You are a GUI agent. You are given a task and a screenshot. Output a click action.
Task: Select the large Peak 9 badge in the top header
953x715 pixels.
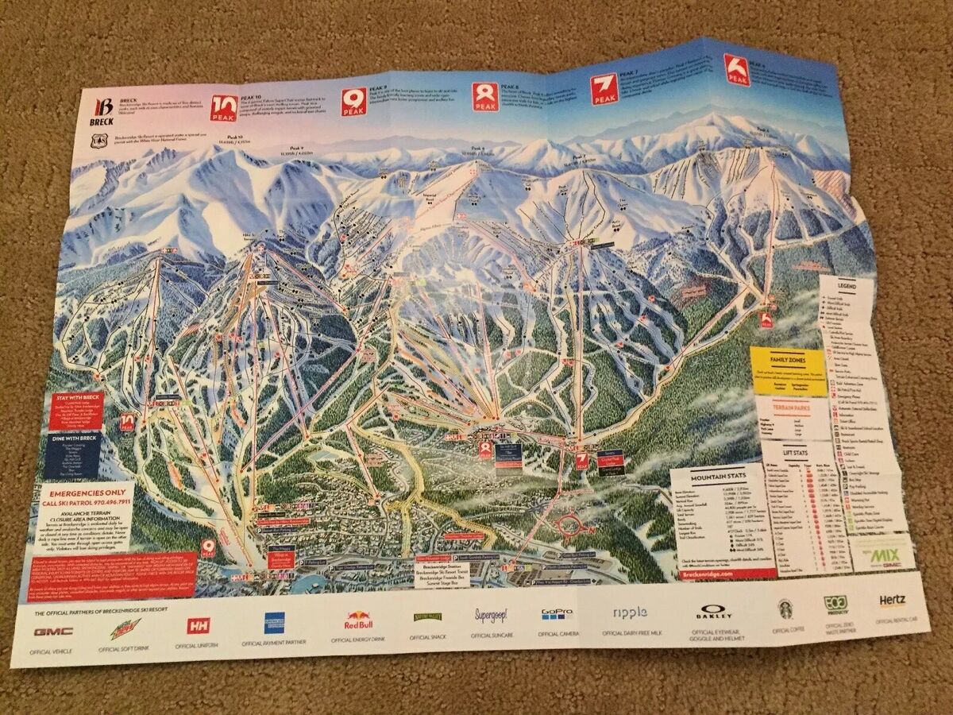(x=354, y=101)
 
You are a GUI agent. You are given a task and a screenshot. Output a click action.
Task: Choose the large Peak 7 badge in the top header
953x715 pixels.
(x=604, y=88)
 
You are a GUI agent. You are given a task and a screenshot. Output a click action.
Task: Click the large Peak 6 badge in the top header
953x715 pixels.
(x=736, y=69)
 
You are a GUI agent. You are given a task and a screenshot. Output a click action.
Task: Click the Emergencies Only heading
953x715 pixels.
(x=89, y=494)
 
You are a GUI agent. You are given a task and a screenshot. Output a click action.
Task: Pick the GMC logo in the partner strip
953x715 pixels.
(x=53, y=632)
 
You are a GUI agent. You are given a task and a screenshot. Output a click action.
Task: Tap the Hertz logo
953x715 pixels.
(x=892, y=601)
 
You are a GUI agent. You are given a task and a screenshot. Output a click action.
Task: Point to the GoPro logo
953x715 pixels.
(x=557, y=614)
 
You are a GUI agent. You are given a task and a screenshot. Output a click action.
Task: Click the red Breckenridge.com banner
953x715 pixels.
(x=707, y=573)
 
